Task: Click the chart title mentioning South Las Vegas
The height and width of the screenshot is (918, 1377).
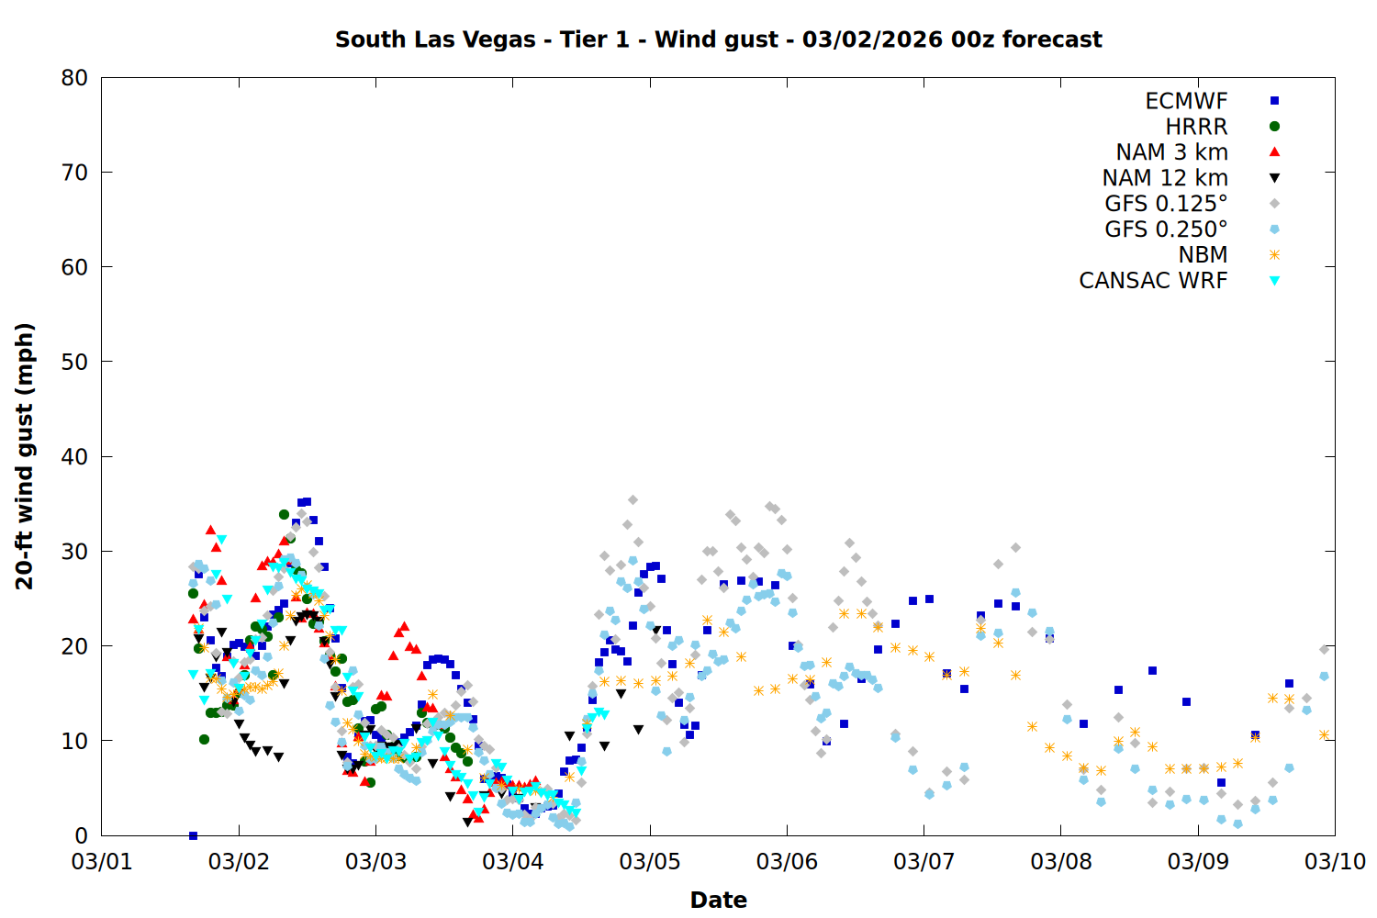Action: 718,39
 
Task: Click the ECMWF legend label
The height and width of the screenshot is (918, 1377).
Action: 1186,101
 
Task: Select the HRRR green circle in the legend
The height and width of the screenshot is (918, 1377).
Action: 1274,127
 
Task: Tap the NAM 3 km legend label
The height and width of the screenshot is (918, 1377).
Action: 1171,152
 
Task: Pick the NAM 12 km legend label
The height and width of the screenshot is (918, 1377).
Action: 1165,178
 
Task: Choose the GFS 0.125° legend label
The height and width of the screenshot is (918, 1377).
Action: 1166,204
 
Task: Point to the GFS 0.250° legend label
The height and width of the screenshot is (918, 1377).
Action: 1166,229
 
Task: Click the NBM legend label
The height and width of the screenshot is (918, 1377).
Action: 1203,255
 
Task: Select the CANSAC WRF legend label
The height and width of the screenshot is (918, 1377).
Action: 1153,281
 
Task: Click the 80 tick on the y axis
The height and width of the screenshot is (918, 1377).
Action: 74,78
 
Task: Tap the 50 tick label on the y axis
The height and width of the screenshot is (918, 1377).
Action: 74,362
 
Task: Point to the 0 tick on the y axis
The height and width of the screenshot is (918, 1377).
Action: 82,835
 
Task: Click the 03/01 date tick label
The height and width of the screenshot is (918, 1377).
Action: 101,862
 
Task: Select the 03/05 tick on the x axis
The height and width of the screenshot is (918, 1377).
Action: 650,862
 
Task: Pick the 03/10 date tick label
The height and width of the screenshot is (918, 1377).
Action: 1335,862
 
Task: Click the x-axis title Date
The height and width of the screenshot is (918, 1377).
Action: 718,900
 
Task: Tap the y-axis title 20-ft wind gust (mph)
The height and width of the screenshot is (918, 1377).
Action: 25,456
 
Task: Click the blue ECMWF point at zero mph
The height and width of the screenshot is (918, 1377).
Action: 193,835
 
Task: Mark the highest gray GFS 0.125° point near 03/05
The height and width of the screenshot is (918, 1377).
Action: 633,500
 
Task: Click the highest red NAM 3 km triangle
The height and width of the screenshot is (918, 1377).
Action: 210,530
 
